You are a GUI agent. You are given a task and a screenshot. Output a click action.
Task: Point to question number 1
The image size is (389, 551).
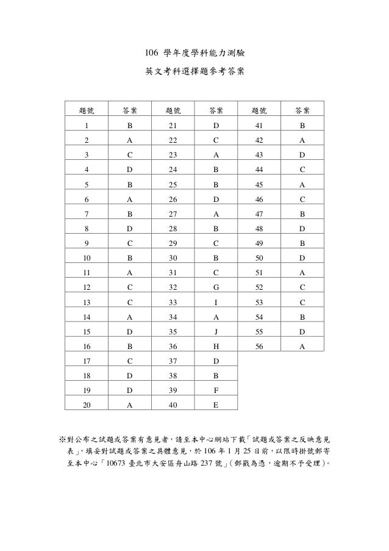pos(87,126)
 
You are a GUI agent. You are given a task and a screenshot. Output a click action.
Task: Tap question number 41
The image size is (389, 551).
pos(259,126)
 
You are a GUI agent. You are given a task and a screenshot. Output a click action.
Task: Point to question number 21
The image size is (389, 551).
pos(173,126)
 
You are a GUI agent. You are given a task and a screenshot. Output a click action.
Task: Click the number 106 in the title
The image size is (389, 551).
pos(151,53)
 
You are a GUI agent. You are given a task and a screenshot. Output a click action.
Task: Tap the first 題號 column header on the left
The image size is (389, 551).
pos(87,110)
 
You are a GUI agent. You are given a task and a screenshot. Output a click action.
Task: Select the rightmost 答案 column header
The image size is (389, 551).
pos(302,110)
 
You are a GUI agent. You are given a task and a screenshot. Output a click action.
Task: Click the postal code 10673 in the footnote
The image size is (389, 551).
pos(115,463)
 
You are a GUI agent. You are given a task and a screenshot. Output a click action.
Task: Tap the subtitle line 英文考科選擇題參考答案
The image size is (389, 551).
pos(194,71)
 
